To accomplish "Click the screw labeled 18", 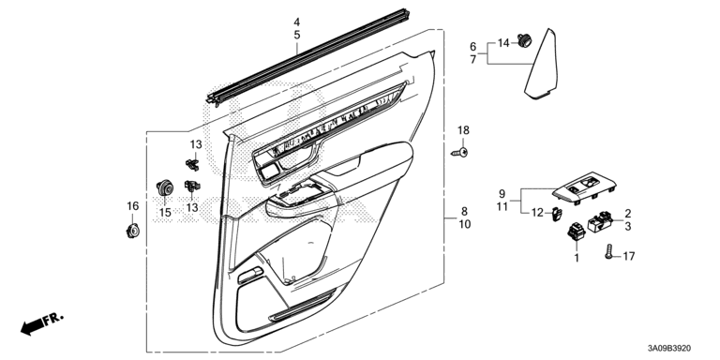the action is pyautogui.click(x=460, y=153).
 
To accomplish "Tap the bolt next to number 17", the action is pyautogui.click(x=608, y=252).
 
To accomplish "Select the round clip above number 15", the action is pyautogui.click(x=164, y=187).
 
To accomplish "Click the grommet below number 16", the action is pyautogui.click(x=133, y=231).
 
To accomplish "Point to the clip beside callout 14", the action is pyautogui.click(x=524, y=40).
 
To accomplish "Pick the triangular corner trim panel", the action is pyautogui.click(x=543, y=65).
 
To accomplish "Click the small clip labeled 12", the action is pyautogui.click(x=556, y=214).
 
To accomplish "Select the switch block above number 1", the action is pyautogui.click(x=576, y=231).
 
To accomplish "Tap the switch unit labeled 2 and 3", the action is pyautogui.click(x=600, y=222).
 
